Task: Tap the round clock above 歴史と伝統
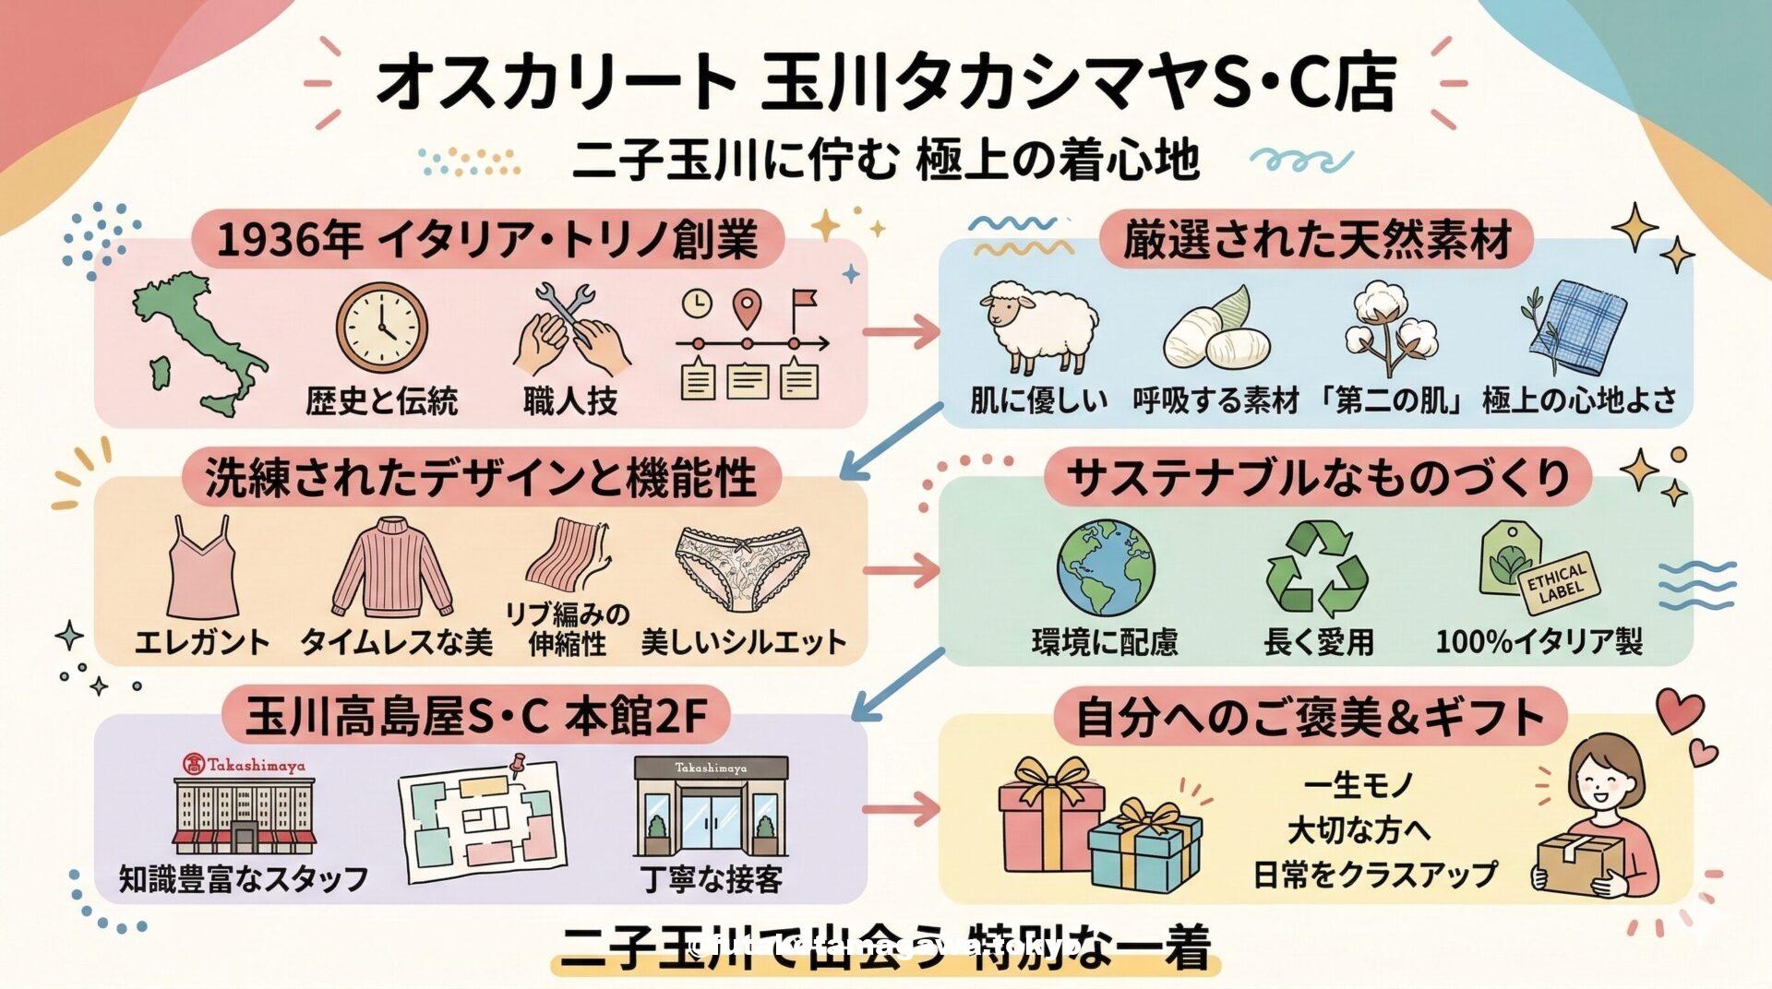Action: click(x=381, y=328)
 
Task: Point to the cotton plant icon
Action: click(x=1391, y=328)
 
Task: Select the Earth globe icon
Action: click(x=1106, y=567)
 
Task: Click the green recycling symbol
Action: click(x=1317, y=567)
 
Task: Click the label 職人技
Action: click(x=570, y=401)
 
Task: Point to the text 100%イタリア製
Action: click(x=1539, y=641)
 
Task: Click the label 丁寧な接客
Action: click(x=712, y=879)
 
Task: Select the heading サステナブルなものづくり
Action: click(x=1318, y=478)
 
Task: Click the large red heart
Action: click(x=1680, y=711)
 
